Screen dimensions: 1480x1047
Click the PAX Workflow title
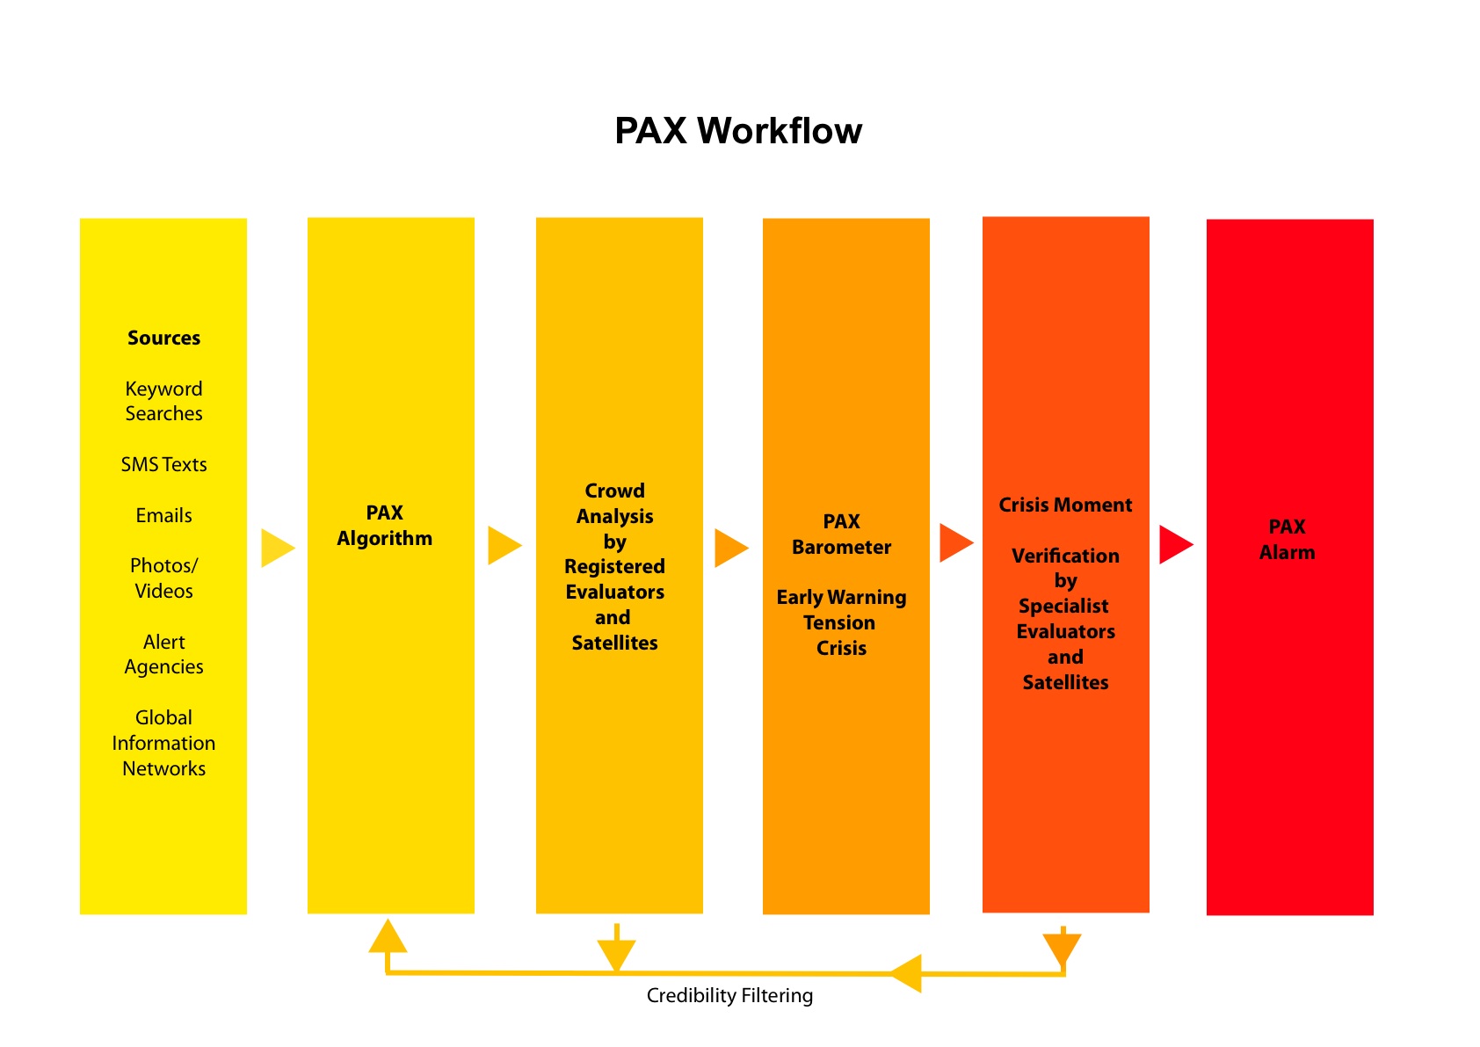click(738, 131)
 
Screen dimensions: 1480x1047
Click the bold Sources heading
click(163, 338)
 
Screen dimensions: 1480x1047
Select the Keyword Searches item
click(163, 401)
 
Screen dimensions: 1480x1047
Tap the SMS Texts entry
click(163, 464)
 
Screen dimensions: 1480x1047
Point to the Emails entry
click(163, 515)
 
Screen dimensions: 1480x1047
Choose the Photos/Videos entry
click(163, 578)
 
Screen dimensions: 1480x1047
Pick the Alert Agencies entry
click(163, 654)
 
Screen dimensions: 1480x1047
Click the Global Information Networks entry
click(163, 743)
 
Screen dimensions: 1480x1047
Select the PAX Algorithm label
click(385, 526)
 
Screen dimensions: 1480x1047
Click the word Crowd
click(614, 491)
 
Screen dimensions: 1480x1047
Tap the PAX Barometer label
click(841, 534)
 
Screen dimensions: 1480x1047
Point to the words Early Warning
click(841, 598)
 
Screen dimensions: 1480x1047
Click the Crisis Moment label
click(1065, 505)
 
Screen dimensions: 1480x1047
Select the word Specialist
click(1063, 606)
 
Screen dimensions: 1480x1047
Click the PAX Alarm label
click(1287, 540)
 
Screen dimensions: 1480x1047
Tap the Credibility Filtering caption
click(729, 995)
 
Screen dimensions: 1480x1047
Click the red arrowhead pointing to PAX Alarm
click(1176, 545)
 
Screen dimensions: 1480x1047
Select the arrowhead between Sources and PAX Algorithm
click(279, 548)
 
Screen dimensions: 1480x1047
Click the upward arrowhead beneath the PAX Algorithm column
click(388, 935)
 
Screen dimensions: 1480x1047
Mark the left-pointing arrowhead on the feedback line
click(906, 974)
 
